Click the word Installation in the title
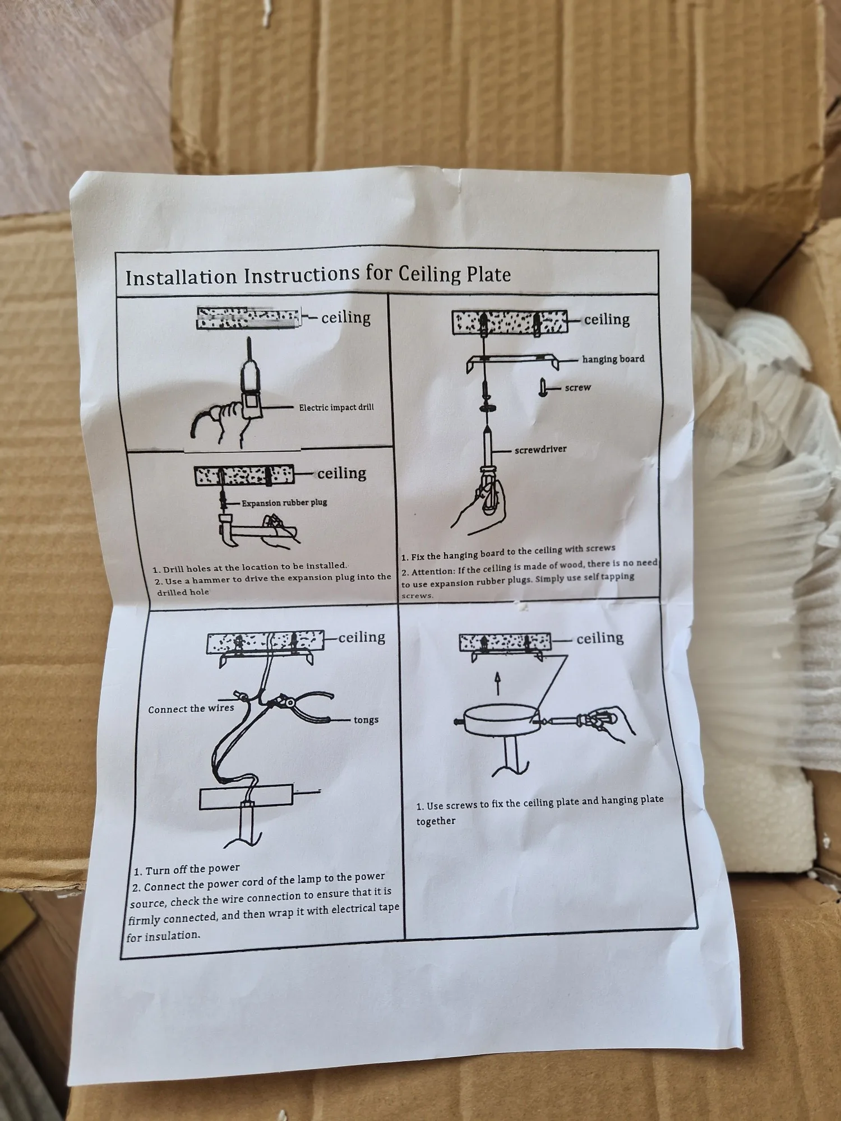tap(181, 277)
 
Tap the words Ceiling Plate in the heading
tap(455, 274)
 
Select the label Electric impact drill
tap(336, 407)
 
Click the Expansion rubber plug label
tap(284, 503)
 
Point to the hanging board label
tap(613, 359)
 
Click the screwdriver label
tap(540, 449)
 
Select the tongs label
tap(366, 720)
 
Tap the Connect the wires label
tap(191, 709)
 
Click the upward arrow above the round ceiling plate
tap(497, 684)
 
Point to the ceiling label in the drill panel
tap(346, 317)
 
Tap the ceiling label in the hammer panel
tap(341, 473)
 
